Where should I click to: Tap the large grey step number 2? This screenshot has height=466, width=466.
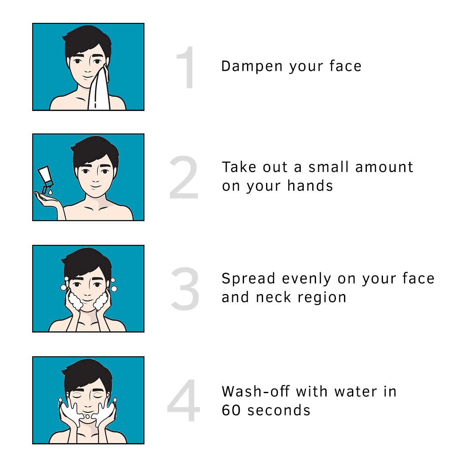coord(184,178)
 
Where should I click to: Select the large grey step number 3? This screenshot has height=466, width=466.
coord(185,288)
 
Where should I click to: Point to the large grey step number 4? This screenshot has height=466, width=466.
coord(183,401)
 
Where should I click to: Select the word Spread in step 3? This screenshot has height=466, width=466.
coord(249,279)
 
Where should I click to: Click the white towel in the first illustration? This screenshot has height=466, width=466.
coord(99,91)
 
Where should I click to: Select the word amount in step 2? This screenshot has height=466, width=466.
coord(384,167)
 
